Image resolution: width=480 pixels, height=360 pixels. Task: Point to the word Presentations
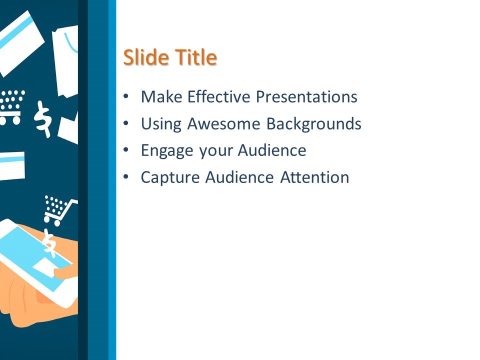click(x=306, y=96)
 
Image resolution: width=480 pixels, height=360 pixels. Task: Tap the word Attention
click(x=314, y=177)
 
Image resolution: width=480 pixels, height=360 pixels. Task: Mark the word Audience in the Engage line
click(x=272, y=150)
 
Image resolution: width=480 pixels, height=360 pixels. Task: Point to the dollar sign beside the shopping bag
click(x=43, y=118)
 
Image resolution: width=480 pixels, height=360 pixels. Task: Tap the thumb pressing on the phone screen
click(x=66, y=271)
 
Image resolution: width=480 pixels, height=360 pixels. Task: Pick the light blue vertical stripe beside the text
click(x=112, y=180)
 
